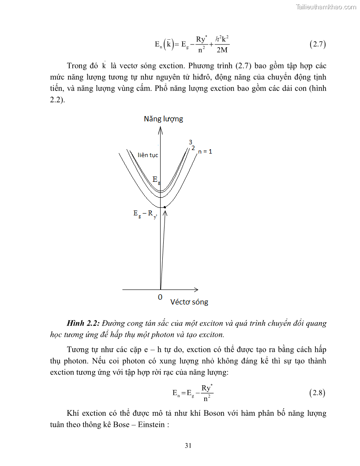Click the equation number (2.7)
pos(317,44)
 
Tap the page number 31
pos(188,446)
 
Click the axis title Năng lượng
pos(163,119)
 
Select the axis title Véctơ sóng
pos(189,302)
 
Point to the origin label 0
pos(160,297)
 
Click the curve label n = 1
pos(205,151)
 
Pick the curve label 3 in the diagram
pos(191,142)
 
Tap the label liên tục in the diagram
pos(148,155)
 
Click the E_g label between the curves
pos(155,179)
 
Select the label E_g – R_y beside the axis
pos(145,214)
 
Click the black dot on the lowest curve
pos(165,207)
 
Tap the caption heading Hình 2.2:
pos(83,323)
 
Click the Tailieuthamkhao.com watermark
pos(326,7)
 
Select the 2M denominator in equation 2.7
pos(222,50)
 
